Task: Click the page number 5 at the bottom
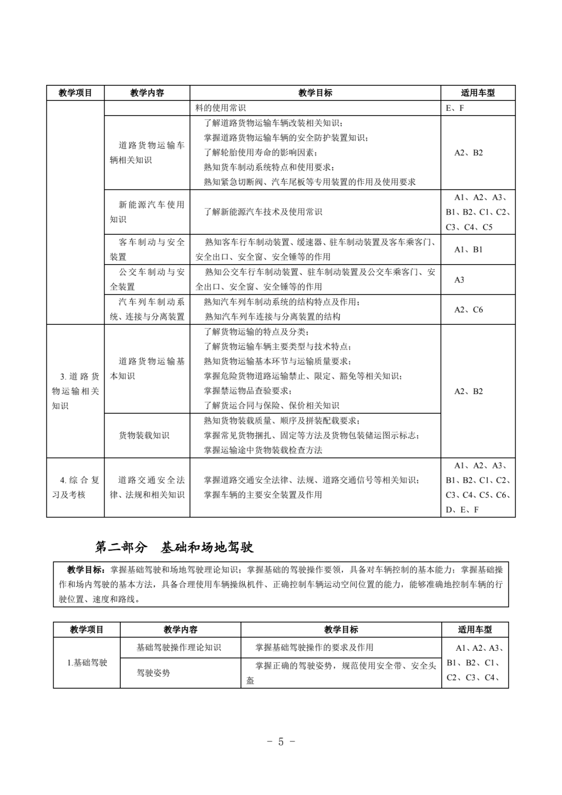[x=280, y=742]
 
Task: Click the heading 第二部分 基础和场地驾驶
[x=174, y=547]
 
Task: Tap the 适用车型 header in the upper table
[x=477, y=93]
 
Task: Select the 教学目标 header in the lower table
[x=341, y=629]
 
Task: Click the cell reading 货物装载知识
[x=144, y=435]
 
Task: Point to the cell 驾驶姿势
[x=154, y=673]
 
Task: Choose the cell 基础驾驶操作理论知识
[x=178, y=647]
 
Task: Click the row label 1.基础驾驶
[x=87, y=662]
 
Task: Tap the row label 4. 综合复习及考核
[x=75, y=487]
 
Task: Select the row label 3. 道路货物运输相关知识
[x=75, y=391]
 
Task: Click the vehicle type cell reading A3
[x=459, y=280]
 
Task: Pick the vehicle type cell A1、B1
[x=468, y=249]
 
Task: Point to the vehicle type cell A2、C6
[x=468, y=309]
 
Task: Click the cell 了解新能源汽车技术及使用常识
[x=263, y=212]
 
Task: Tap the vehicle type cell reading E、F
[x=455, y=108]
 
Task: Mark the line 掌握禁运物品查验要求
[x=248, y=390]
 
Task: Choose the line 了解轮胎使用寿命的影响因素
[x=260, y=153]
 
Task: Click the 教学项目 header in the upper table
[x=75, y=93]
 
